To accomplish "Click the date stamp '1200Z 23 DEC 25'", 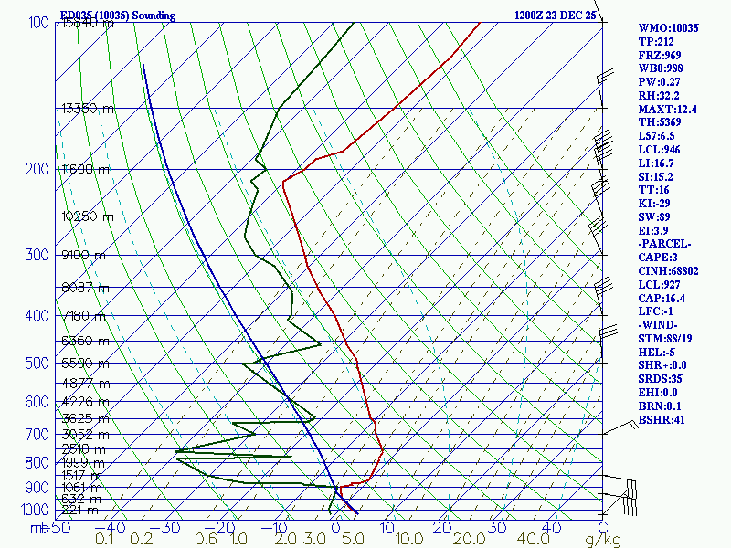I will tap(555, 16).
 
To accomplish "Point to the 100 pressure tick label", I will tap(39, 22).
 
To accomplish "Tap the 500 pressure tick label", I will tap(37, 364).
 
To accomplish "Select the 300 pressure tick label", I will tap(37, 255).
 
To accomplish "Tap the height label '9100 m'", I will tap(83, 255).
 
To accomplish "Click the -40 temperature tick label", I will tap(111, 527).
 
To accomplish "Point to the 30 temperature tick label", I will tap(497, 527).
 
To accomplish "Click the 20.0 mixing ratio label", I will tap(448, 541).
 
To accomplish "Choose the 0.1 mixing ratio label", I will tap(105, 541).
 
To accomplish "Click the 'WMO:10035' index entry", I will tap(668, 28).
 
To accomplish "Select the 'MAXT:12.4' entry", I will tap(668, 110).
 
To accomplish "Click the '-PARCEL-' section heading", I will tap(665, 244).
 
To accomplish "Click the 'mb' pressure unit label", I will tap(37, 527).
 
